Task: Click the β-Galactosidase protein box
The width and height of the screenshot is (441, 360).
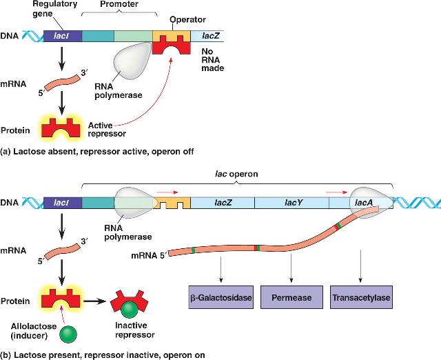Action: pyautogui.click(x=220, y=299)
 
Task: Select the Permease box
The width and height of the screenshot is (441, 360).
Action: pyautogui.click(x=291, y=299)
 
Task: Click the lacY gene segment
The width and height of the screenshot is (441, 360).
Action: pyautogui.click(x=290, y=202)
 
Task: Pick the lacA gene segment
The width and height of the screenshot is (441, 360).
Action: pyautogui.click(x=363, y=202)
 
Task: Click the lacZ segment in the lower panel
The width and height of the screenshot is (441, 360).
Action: pyautogui.click(x=222, y=202)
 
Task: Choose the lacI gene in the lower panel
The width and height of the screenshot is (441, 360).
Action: pyautogui.click(x=63, y=202)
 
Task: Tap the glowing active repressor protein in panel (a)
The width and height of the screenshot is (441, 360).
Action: pyautogui.click(x=63, y=128)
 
